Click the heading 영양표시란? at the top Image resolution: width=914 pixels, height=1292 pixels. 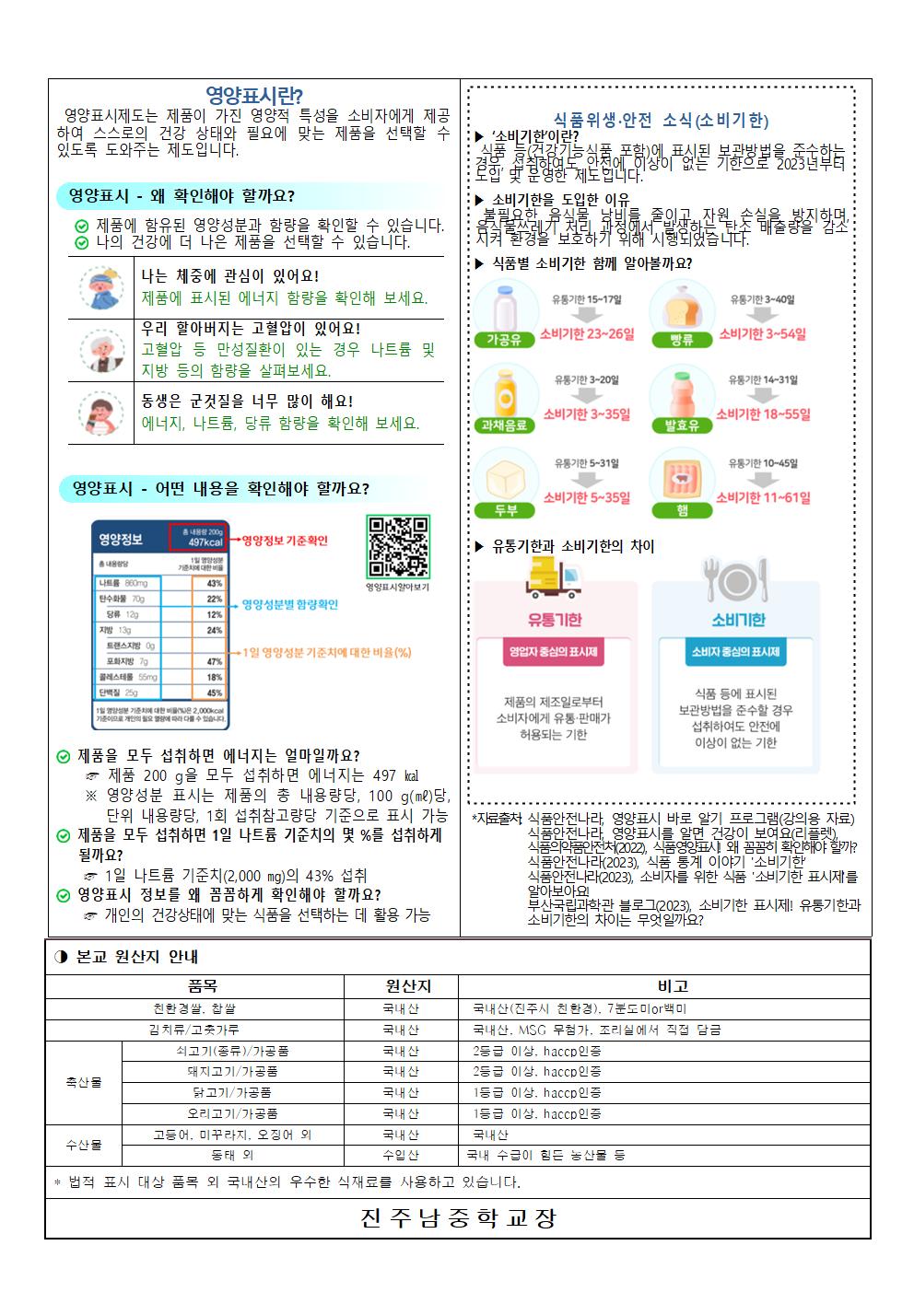254,96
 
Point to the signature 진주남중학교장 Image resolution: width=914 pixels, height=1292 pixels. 458,1218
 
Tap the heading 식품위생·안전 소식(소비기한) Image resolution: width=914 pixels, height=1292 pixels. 661,121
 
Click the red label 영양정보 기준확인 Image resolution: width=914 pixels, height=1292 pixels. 285,541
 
